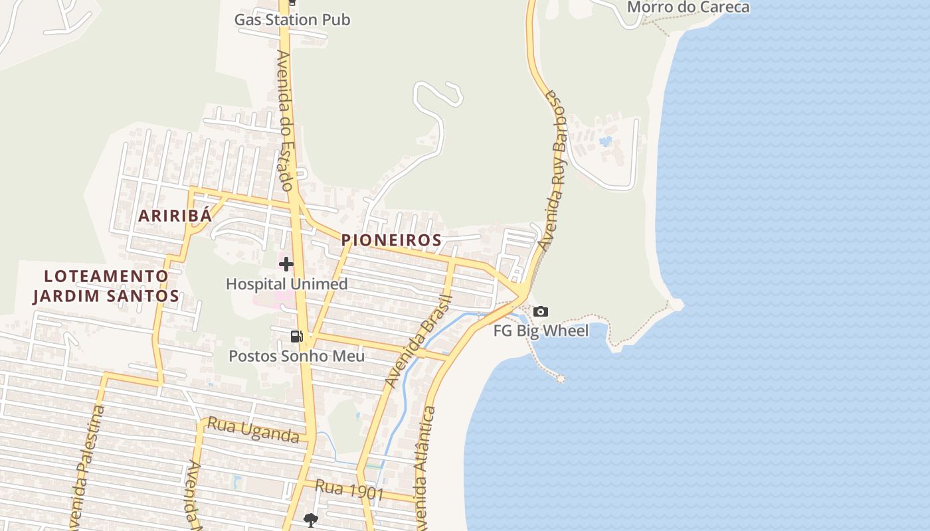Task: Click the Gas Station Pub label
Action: (292, 20)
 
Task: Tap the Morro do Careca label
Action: (688, 7)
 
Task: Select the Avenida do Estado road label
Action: (285, 120)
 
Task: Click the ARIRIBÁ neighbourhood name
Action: (175, 215)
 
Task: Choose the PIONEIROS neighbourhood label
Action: (391, 240)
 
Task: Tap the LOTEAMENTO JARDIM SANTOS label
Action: (106, 286)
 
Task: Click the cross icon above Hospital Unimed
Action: (286, 264)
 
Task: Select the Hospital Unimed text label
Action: (286, 284)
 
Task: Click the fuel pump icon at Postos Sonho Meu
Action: (296, 337)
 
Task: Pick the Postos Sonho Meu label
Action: (296, 356)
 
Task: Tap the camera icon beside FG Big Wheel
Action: (541, 311)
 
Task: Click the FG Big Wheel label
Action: (541, 331)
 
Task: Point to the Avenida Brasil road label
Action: (418, 342)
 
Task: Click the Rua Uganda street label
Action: (253, 429)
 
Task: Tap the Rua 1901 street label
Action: (349, 490)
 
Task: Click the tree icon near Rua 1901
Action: (310, 520)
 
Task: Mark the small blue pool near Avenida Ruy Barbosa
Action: (605, 141)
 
